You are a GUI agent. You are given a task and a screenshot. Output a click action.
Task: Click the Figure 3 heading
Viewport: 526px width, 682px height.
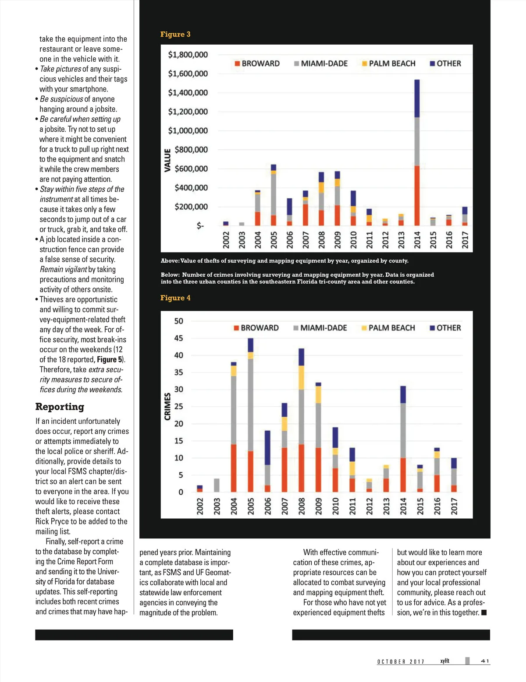[175, 34]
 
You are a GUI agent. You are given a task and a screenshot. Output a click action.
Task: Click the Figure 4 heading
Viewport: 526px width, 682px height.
[175, 298]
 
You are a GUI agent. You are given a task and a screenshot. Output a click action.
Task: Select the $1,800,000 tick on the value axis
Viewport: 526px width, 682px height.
[188, 55]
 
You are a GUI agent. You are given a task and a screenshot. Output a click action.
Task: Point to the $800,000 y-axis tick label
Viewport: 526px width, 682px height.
[191, 150]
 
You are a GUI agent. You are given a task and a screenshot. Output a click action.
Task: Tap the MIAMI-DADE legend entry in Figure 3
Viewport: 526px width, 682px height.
[321, 63]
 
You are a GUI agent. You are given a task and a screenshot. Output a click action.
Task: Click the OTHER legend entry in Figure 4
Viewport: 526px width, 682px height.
[445, 328]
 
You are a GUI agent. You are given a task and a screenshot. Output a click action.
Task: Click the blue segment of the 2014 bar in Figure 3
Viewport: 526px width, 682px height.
[417, 98]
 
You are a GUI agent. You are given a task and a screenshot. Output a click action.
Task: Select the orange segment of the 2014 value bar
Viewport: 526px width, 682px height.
[417, 196]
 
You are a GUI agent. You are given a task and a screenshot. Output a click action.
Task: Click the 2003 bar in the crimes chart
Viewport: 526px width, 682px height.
[217, 485]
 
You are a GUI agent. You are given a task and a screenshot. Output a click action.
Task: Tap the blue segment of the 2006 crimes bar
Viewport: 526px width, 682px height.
[267, 447]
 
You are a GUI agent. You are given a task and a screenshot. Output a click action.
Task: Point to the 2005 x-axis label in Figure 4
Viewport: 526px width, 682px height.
[251, 506]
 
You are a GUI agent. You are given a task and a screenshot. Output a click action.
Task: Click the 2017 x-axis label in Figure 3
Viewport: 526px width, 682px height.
[465, 240]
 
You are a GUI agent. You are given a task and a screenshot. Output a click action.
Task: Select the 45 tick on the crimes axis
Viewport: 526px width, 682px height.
[179, 338]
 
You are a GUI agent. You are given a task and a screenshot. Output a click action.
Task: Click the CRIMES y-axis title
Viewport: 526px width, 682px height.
[167, 406]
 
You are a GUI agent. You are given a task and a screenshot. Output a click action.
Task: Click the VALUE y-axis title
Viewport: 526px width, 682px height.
[167, 160]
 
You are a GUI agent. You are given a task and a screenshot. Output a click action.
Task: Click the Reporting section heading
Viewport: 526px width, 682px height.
[60, 407]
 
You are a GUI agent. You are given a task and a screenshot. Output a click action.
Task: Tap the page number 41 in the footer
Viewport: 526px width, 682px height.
[485, 661]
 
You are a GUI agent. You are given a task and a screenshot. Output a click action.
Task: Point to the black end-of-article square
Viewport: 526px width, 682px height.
[484, 612]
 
